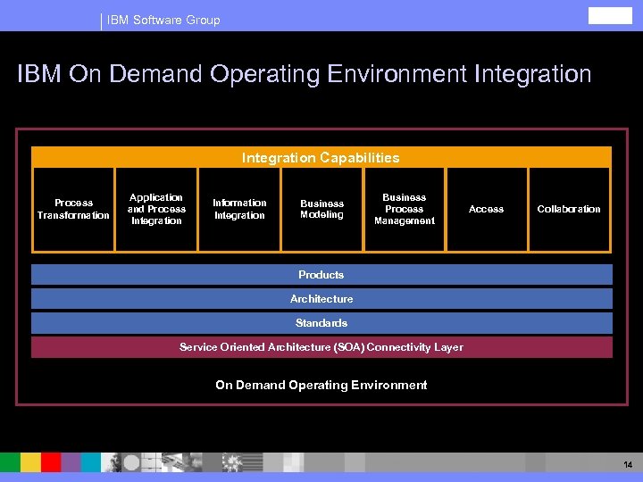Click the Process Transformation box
[x=73, y=209]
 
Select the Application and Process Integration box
[x=156, y=209]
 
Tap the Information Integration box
[x=239, y=209]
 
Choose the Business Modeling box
[x=321, y=209]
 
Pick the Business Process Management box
[x=405, y=209]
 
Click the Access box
[x=487, y=209]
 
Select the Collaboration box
[x=569, y=209]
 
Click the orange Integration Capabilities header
[x=321, y=158]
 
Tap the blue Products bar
[x=321, y=275]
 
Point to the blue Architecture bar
[x=321, y=299]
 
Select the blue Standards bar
[x=321, y=323]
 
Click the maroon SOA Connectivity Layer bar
[x=321, y=347]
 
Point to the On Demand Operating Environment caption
[x=321, y=386]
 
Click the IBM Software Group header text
[x=163, y=20]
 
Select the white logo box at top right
[x=609, y=17]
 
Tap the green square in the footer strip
[x=9, y=462]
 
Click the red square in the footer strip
[x=51, y=462]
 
